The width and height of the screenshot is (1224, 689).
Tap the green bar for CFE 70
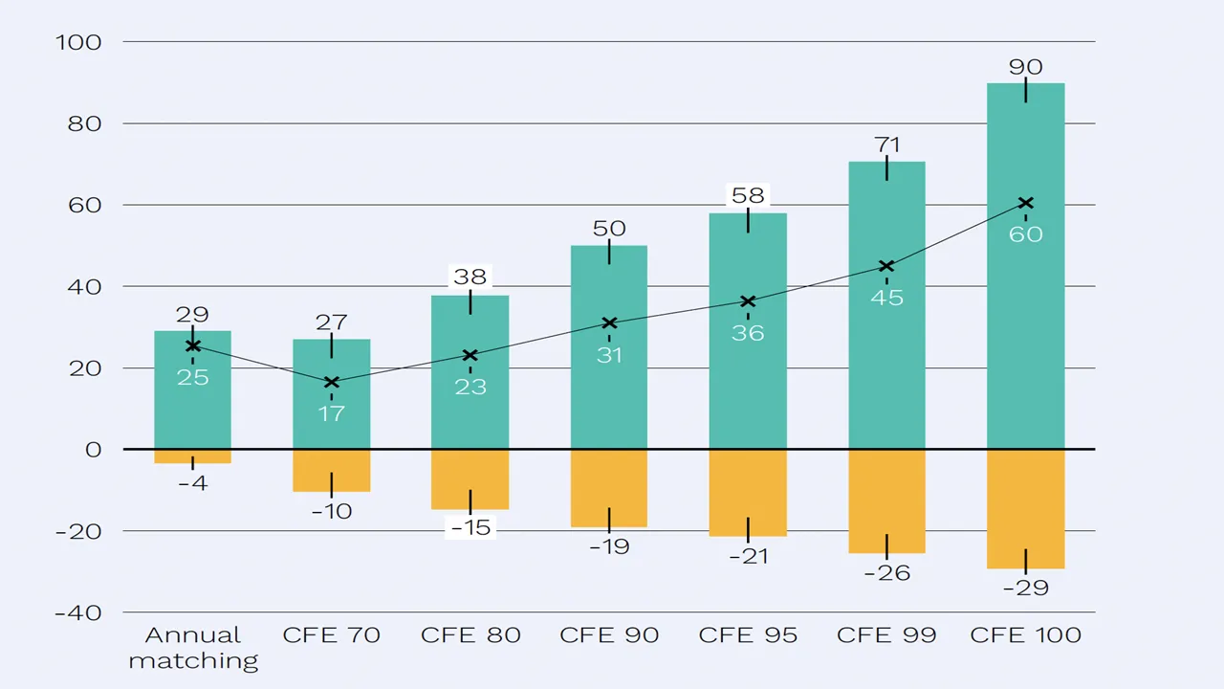(331, 421)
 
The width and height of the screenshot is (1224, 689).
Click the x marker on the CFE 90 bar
(609, 323)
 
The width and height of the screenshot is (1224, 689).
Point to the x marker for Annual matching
(192, 346)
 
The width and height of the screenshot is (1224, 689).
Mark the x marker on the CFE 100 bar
(1025, 203)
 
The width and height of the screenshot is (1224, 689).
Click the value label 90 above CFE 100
(1025, 67)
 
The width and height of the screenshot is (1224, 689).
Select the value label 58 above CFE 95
(748, 195)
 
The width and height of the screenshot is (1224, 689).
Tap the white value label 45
(886, 298)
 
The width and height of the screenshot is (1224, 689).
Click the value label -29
(1025, 588)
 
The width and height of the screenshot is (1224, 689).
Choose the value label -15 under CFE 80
(470, 527)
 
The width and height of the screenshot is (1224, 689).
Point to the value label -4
(192, 483)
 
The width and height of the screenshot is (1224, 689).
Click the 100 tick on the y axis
(84, 42)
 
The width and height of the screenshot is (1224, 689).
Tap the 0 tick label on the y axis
(93, 450)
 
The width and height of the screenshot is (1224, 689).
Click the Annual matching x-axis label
(192, 648)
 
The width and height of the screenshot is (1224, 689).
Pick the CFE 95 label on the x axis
(748, 635)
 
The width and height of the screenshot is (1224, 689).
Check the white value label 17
(331, 413)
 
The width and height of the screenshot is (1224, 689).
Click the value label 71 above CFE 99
(886, 145)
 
